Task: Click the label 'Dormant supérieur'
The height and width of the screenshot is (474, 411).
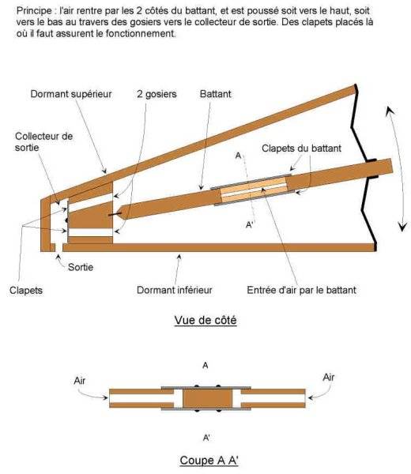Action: pyautogui.click(x=71, y=94)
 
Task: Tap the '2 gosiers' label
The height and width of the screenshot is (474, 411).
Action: pyautogui.click(x=156, y=94)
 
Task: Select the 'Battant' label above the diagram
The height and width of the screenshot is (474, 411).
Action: pyautogui.click(x=215, y=94)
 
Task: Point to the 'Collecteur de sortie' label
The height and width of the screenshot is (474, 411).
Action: pyautogui.click(x=43, y=141)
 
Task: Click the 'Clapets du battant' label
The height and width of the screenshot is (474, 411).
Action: pyautogui.click(x=301, y=149)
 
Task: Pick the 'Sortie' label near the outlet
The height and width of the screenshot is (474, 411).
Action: pyautogui.click(x=81, y=267)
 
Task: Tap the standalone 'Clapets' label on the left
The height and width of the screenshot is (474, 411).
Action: pyautogui.click(x=26, y=291)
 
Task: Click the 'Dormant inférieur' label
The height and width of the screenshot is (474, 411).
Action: pyautogui.click(x=175, y=290)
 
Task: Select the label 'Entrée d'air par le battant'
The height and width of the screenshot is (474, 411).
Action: pyautogui.click(x=301, y=290)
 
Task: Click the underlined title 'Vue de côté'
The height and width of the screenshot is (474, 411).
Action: pyautogui.click(x=205, y=320)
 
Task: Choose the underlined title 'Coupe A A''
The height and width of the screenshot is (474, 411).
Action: pyautogui.click(x=209, y=461)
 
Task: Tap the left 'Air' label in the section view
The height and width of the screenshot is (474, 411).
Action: pyautogui.click(x=80, y=381)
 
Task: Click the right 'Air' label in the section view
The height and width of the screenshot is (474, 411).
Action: pyautogui.click(x=329, y=378)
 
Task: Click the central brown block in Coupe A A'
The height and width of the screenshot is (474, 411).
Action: pyautogui.click(x=207, y=398)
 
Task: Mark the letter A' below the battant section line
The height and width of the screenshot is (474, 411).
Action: pyautogui.click(x=250, y=225)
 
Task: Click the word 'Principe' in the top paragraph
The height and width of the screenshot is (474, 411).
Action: pyautogui.click(x=34, y=11)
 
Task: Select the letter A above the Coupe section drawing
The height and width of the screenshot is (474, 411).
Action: pyautogui.click(x=205, y=366)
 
